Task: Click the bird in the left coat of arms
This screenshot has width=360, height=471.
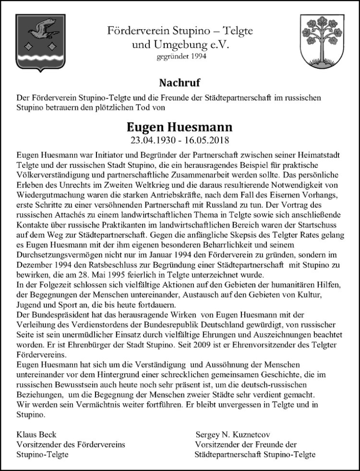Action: coord(41,29)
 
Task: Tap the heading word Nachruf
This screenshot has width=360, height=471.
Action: coord(180,83)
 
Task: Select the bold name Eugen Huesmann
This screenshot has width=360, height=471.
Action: coord(180,128)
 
